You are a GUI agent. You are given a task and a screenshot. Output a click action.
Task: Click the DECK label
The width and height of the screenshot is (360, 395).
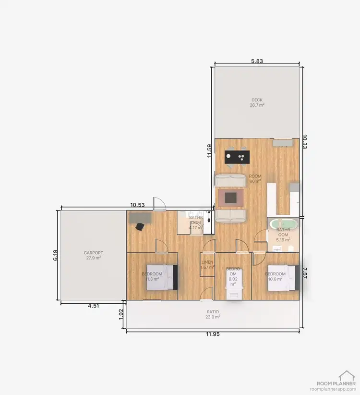click(x=257, y=100)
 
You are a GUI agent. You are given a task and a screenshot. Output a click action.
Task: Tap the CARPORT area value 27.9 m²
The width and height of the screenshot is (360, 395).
click(x=93, y=258)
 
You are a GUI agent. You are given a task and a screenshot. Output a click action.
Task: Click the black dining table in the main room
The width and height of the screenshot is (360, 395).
click(x=237, y=157)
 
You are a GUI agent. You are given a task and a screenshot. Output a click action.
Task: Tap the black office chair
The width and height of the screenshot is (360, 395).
click(x=140, y=226)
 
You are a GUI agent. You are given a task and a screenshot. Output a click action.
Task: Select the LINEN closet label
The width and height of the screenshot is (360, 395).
click(x=207, y=263)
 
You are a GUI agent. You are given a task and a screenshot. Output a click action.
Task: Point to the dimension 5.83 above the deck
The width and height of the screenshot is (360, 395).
click(x=257, y=61)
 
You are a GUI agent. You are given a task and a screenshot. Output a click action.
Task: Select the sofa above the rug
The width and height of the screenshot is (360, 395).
click(x=230, y=181)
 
